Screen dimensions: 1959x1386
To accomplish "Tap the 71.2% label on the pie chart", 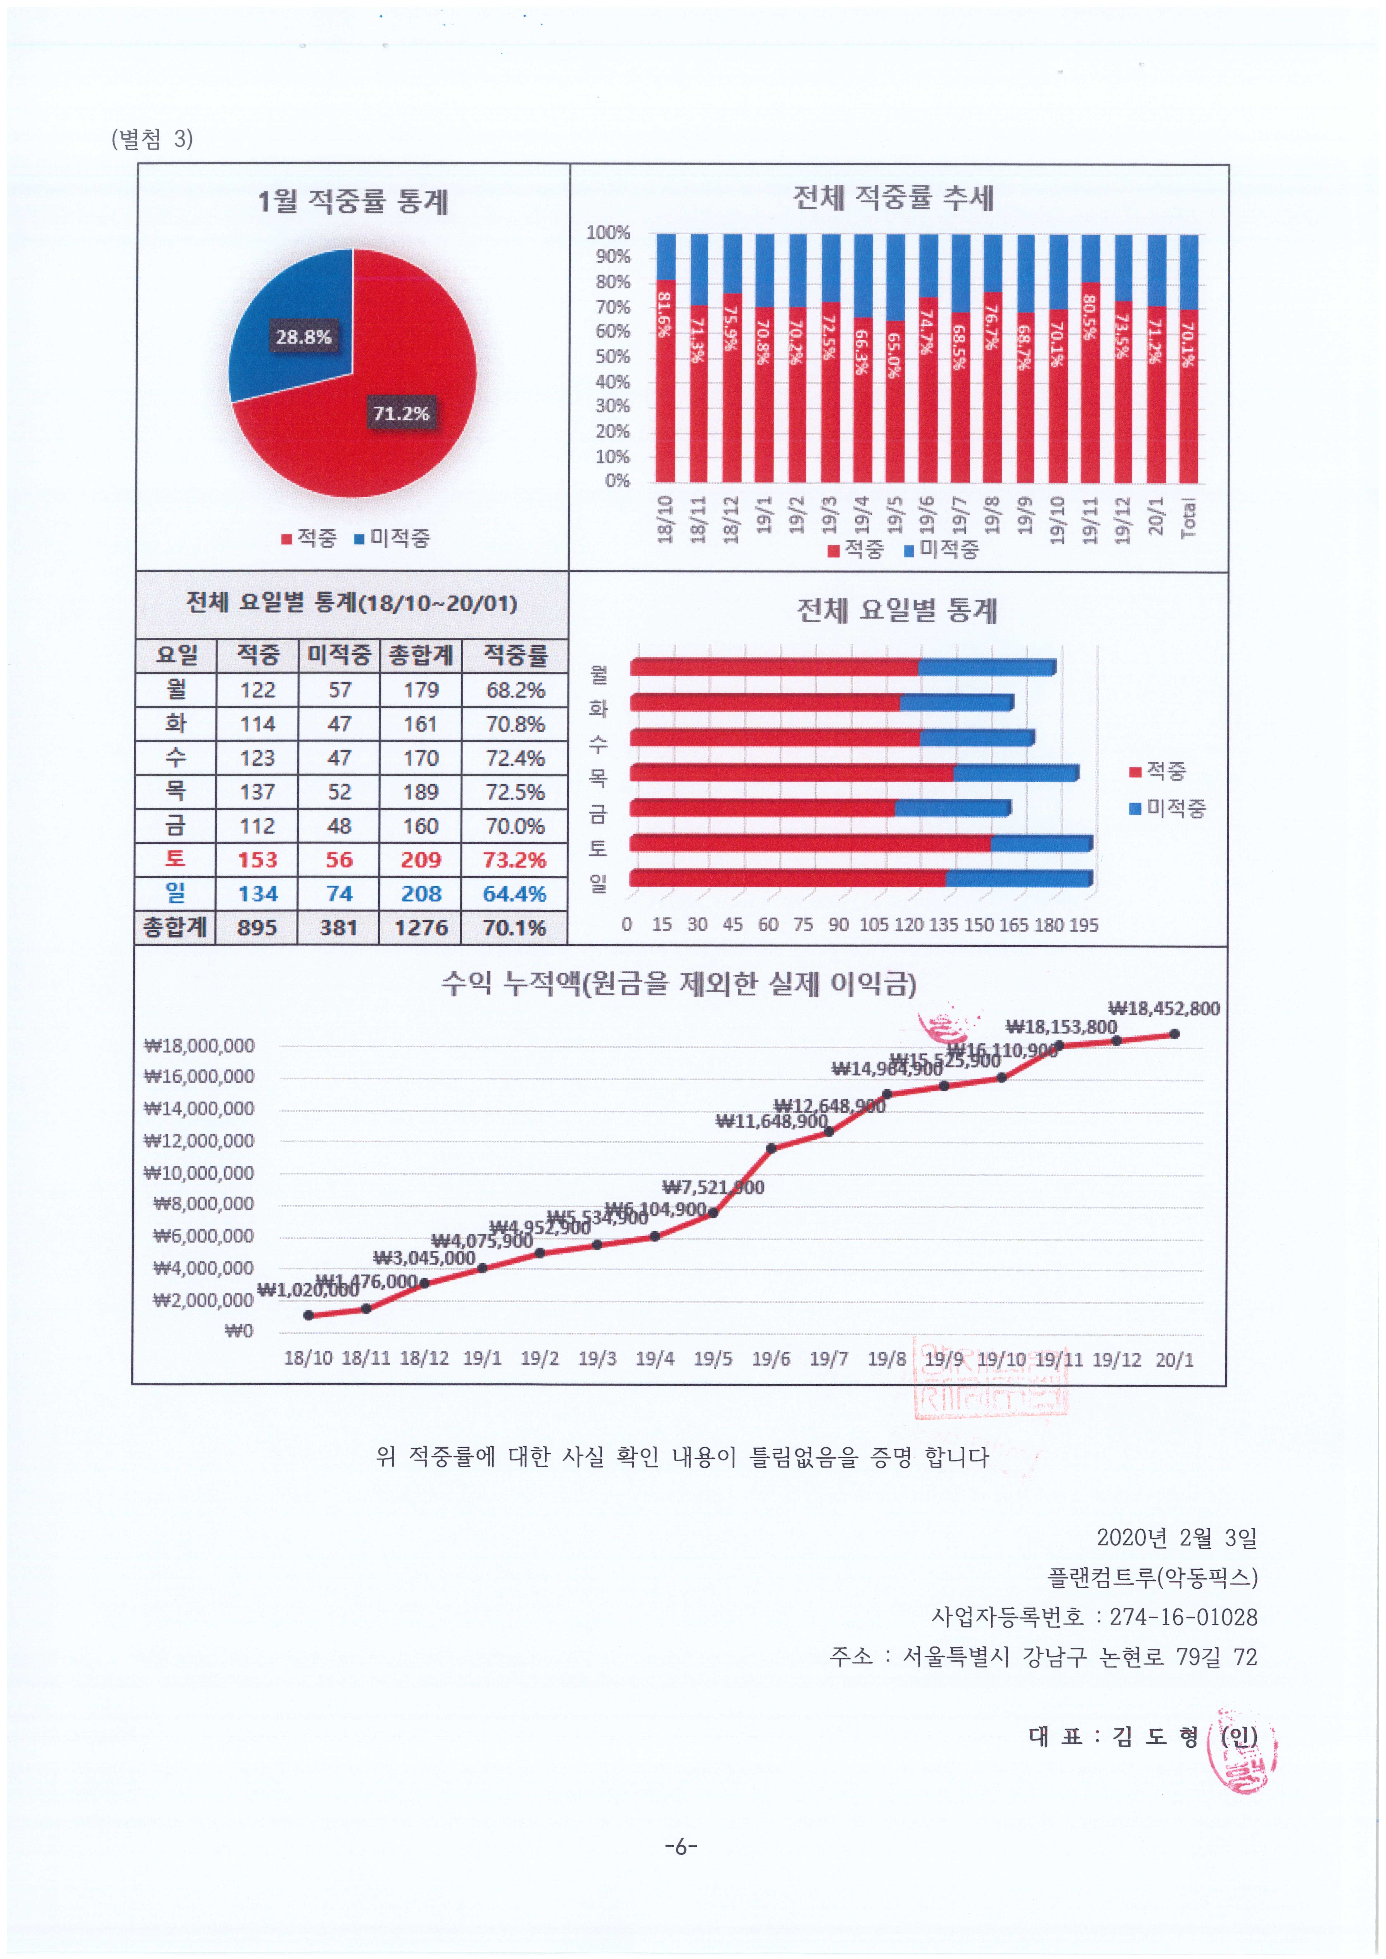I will (x=400, y=413).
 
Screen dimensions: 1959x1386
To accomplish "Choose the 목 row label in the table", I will (x=175, y=791).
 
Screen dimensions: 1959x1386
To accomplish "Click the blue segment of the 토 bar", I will (x=1041, y=843).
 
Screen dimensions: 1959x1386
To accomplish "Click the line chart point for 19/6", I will (x=771, y=1148).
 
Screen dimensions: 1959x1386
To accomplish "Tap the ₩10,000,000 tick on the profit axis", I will (x=199, y=1173).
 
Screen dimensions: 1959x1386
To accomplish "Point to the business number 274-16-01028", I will (x=1183, y=1617).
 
